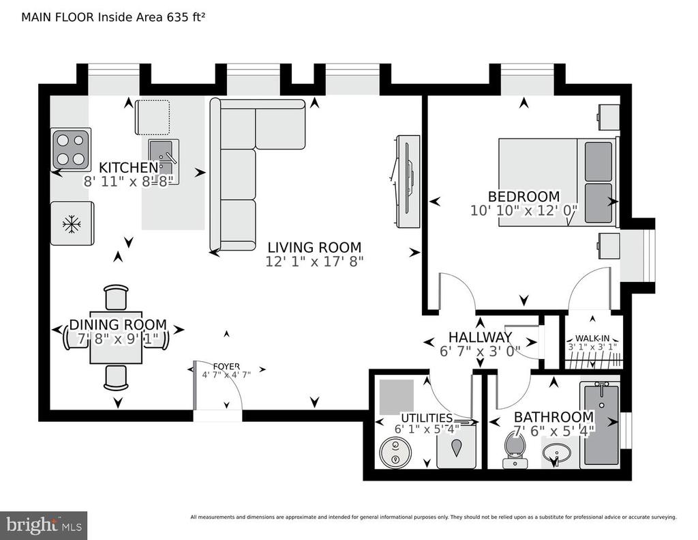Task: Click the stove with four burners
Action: (71, 150)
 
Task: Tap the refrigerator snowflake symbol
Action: (71, 224)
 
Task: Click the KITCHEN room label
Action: (129, 168)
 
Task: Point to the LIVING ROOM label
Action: (314, 247)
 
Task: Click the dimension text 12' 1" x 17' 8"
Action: (315, 261)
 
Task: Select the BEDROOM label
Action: (523, 197)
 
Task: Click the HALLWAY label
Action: (480, 337)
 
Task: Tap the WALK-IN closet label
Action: (591, 337)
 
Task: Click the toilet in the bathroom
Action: (513, 452)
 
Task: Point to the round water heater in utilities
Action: (393, 454)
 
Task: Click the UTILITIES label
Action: (427, 418)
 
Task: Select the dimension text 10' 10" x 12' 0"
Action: (523, 211)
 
